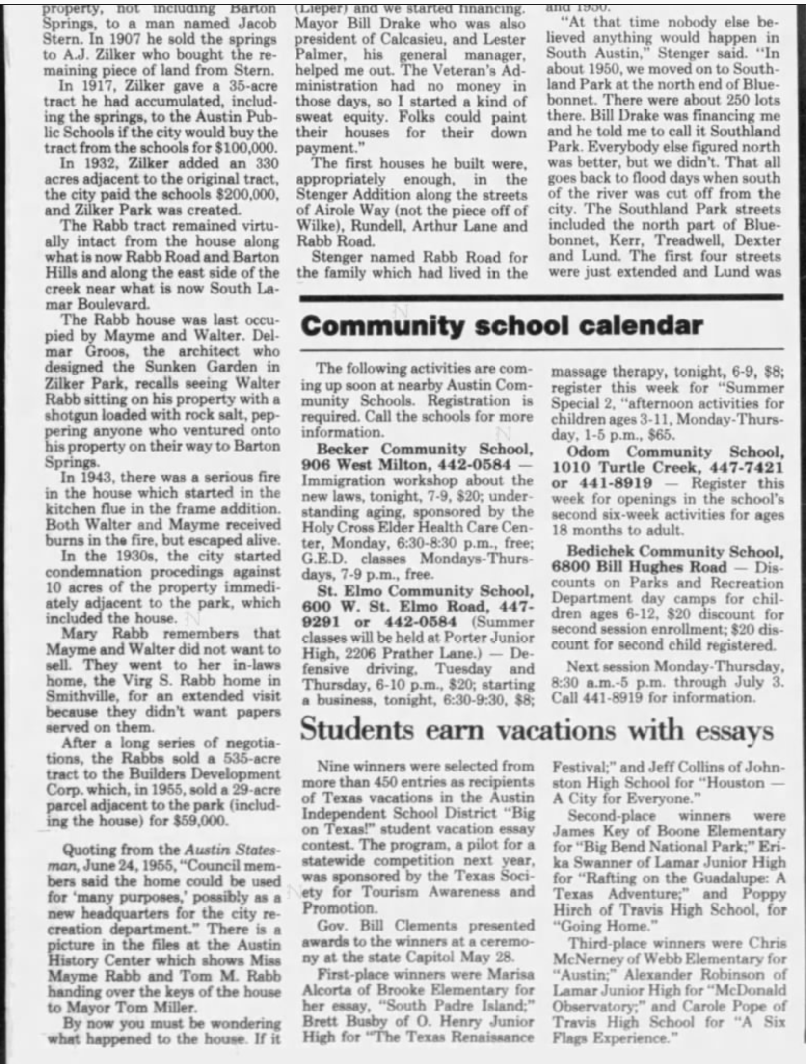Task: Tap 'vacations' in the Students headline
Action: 556,730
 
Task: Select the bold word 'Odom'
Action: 588,452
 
